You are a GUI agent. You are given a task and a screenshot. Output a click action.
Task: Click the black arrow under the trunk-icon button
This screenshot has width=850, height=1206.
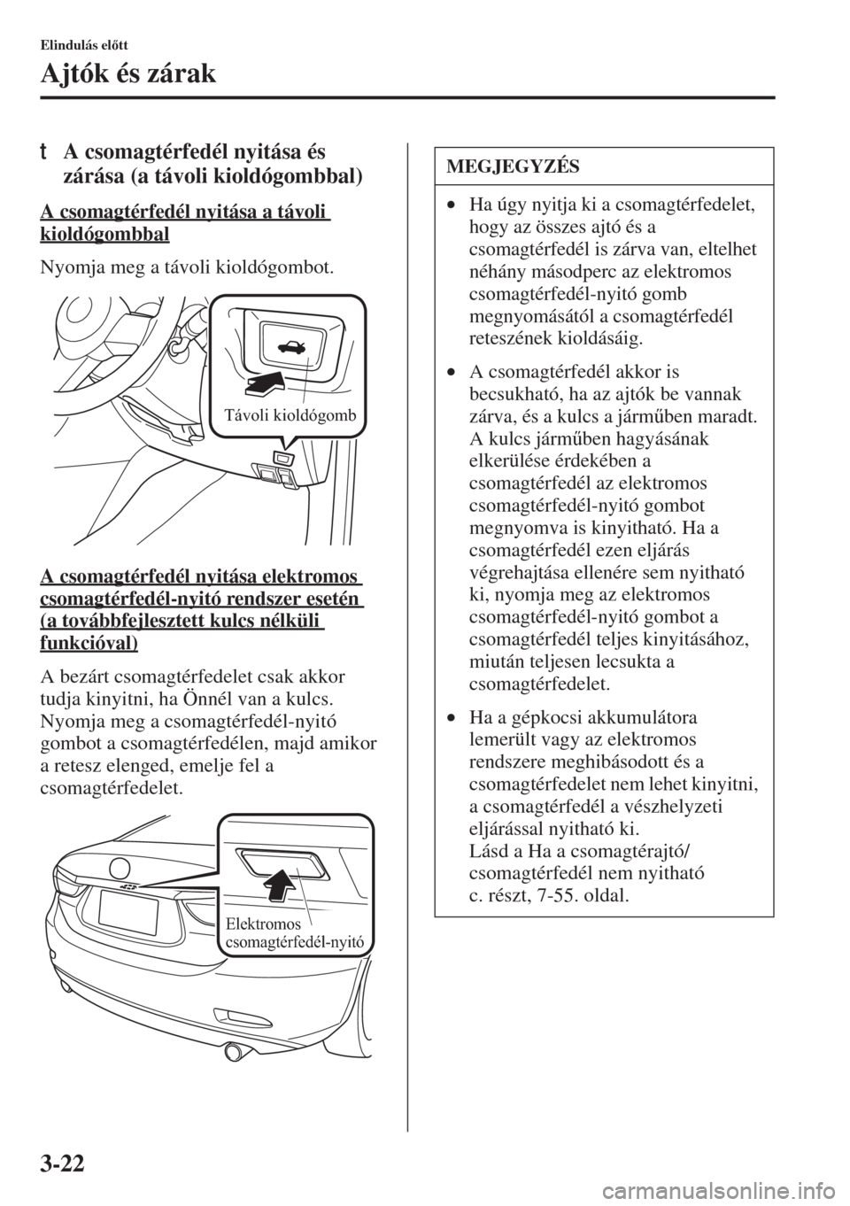[x=267, y=383]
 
